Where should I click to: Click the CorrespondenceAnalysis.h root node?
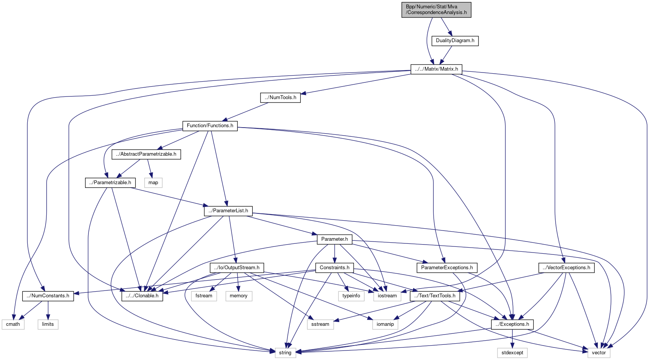[x=436, y=9]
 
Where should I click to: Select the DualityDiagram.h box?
[x=455, y=41]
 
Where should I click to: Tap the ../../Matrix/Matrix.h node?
[x=436, y=69]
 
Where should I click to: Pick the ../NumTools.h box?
[x=280, y=98]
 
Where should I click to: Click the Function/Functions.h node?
[x=210, y=126]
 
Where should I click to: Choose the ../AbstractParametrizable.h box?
[x=146, y=154]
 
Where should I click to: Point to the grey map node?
[x=153, y=183]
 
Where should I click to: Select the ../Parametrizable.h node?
[x=110, y=183]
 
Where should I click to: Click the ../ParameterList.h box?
[x=228, y=211]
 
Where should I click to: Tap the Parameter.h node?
[x=335, y=239]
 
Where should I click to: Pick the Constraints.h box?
[x=335, y=268]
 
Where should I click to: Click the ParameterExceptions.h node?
[x=447, y=268]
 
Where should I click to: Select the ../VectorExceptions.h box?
[x=566, y=268]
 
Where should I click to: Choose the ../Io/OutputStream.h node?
[x=237, y=268]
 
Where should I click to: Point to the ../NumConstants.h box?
[x=48, y=296]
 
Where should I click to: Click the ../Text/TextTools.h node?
[x=435, y=296]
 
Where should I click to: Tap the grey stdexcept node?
[x=512, y=353]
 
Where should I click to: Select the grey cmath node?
[x=13, y=324]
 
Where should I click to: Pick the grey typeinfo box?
[x=351, y=296]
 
